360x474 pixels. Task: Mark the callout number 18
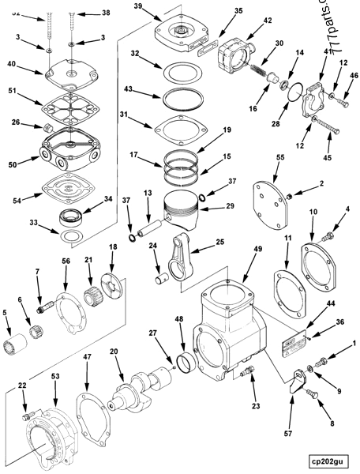pos(114,247)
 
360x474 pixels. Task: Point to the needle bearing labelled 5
pos(15,346)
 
